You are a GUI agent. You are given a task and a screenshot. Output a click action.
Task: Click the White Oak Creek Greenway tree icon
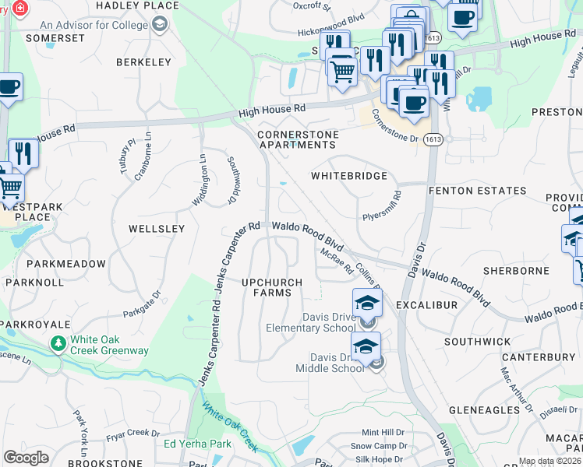(x=58, y=343)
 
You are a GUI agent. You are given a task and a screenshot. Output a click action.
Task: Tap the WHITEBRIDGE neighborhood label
(x=349, y=176)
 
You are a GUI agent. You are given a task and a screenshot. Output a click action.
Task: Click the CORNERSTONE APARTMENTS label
(x=298, y=139)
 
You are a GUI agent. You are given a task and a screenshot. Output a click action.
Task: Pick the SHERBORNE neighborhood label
(x=516, y=271)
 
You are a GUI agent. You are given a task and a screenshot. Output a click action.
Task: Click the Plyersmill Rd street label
(x=381, y=206)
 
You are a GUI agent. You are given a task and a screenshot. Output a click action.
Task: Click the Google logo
(x=26, y=457)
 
